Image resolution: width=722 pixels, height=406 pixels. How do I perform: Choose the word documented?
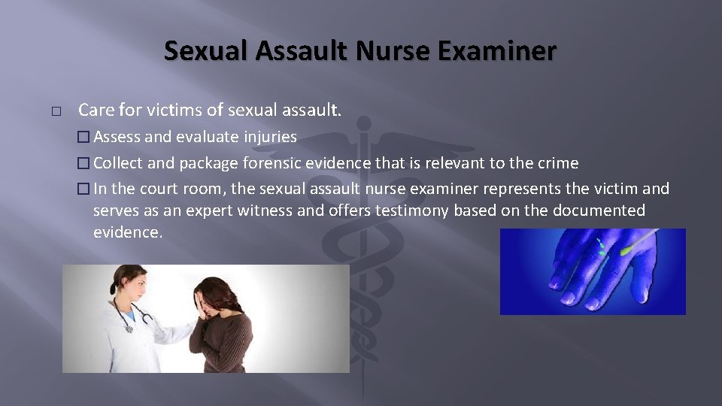click(599, 211)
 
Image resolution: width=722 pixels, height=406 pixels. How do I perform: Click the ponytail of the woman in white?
click(113, 286)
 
